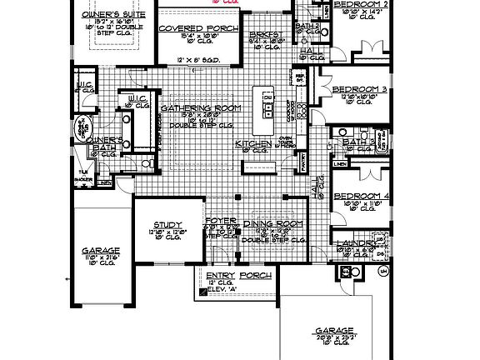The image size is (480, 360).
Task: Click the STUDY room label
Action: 167,224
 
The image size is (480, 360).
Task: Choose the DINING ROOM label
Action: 277,224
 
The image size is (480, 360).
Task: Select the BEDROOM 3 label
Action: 361,89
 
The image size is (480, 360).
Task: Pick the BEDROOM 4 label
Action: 361,197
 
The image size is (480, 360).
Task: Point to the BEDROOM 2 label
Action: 361,4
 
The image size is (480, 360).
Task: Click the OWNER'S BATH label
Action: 107,140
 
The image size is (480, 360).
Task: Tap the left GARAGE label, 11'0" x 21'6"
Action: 100,251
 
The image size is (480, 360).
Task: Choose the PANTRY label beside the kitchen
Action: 301,155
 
